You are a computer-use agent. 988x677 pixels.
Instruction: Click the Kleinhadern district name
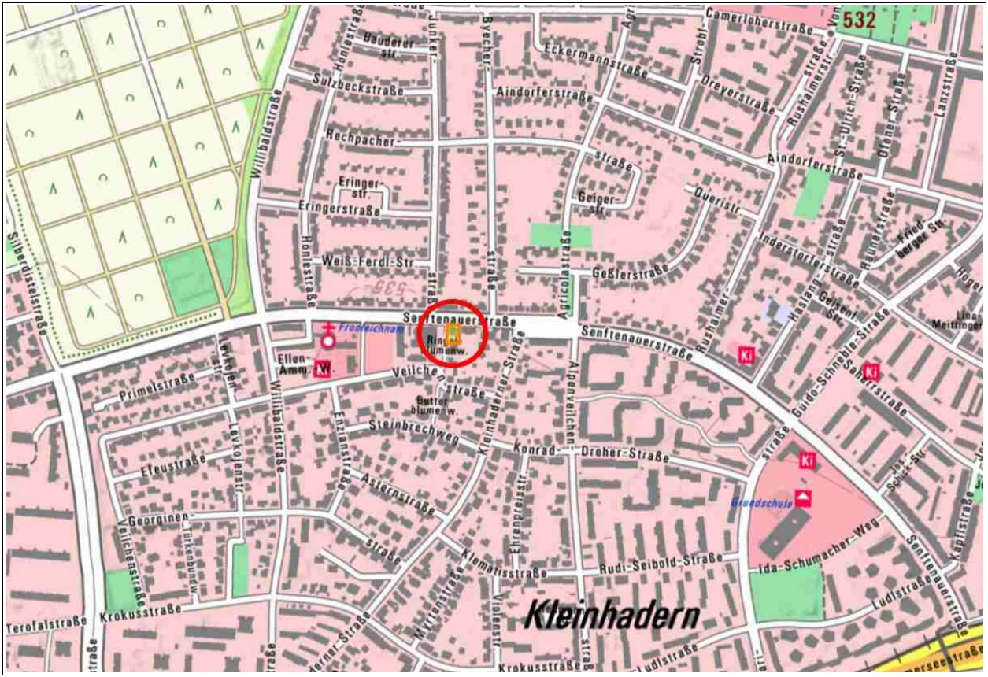coord(612,615)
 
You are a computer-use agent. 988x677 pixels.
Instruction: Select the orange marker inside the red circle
coord(453,335)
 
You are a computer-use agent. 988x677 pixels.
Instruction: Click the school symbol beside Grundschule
coord(803,498)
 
